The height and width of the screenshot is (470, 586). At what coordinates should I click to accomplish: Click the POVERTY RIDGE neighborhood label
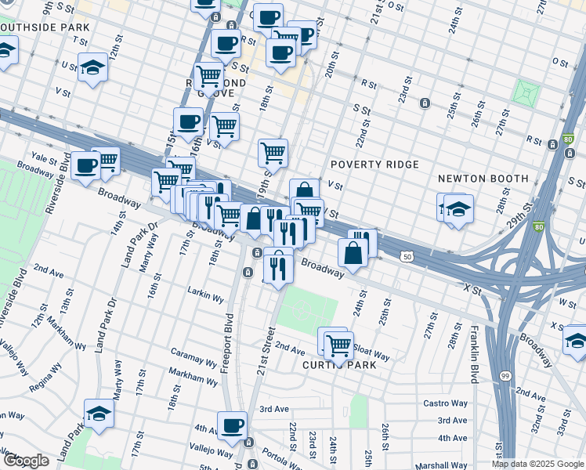pyautogui.click(x=374, y=164)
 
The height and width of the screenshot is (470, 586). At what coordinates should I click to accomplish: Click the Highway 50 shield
pyautogui.click(x=407, y=256)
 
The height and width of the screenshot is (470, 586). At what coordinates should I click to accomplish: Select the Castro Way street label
pyautogui.click(x=445, y=403)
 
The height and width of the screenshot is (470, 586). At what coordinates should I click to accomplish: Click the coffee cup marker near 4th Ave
pyautogui.click(x=232, y=425)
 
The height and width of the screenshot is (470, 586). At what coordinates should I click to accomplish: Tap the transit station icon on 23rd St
pyautogui.click(x=424, y=103)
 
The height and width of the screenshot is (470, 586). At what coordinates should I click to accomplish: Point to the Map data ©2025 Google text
pyautogui.click(x=537, y=464)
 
